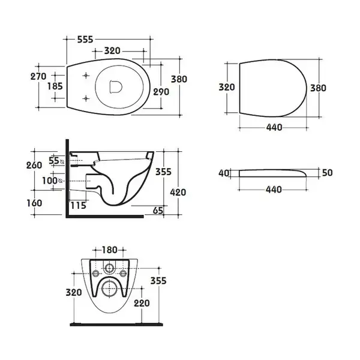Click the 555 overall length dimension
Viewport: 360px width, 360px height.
[x=85, y=40]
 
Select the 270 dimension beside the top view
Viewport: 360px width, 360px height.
[x=38, y=76]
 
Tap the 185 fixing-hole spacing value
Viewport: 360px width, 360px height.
[x=55, y=86]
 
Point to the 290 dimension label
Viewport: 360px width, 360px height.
[x=161, y=92]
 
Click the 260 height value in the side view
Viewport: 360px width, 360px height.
[x=34, y=166]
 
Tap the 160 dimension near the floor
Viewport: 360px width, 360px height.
[x=34, y=203]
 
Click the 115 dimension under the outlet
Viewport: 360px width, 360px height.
[x=78, y=205]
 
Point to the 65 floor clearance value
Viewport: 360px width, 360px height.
[x=158, y=211]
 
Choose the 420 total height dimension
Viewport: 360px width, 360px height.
[x=178, y=192]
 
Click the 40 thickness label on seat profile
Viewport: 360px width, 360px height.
[x=224, y=173]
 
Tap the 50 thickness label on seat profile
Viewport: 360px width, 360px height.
[x=328, y=173]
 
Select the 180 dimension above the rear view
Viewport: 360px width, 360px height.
[x=109, y=250]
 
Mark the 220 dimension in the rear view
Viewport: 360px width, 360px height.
[x=142, y=303]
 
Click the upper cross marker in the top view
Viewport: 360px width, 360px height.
[x=86, y=76]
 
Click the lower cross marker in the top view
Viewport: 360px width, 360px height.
[x=86, y=98]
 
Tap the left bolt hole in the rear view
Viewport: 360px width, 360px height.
[x=96, y=274]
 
